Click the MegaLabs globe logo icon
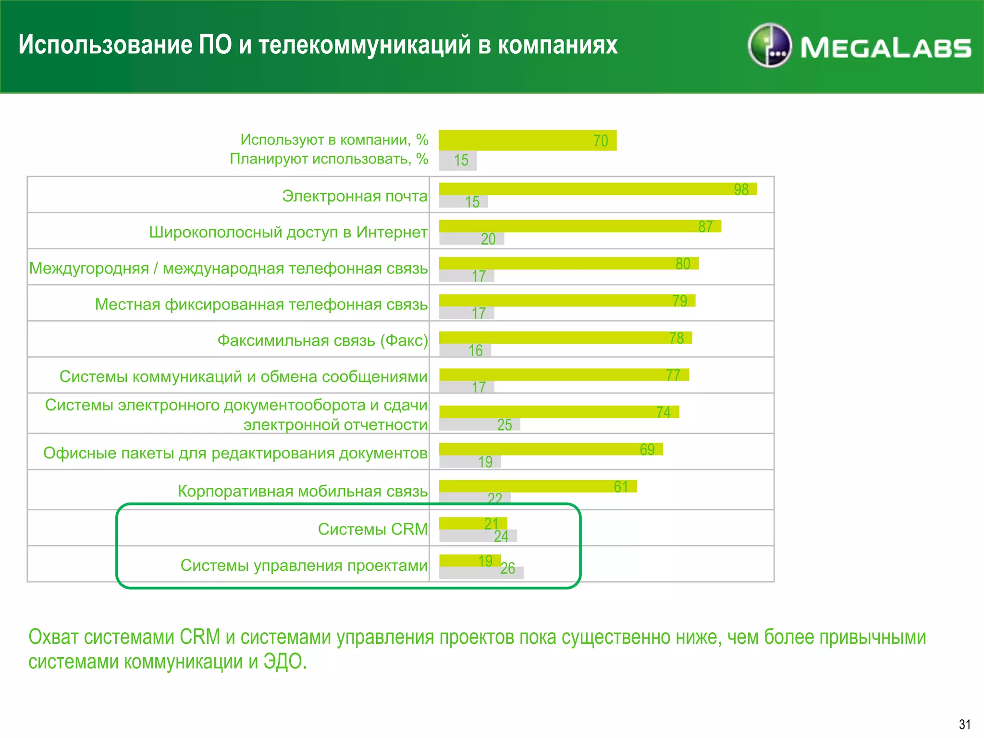[770, 46]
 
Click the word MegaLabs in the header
[886, 48]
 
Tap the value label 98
[741, 190]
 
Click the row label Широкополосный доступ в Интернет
[288, 232]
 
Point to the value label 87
[705, 227]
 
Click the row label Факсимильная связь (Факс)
[322, 340]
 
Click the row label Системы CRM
[372, 529]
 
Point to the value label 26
[508, 569]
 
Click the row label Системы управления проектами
[304, 566]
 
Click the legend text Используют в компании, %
[334, 140]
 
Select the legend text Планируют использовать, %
[329, 159]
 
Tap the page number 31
[964, 725]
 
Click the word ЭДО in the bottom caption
[284, 662]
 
